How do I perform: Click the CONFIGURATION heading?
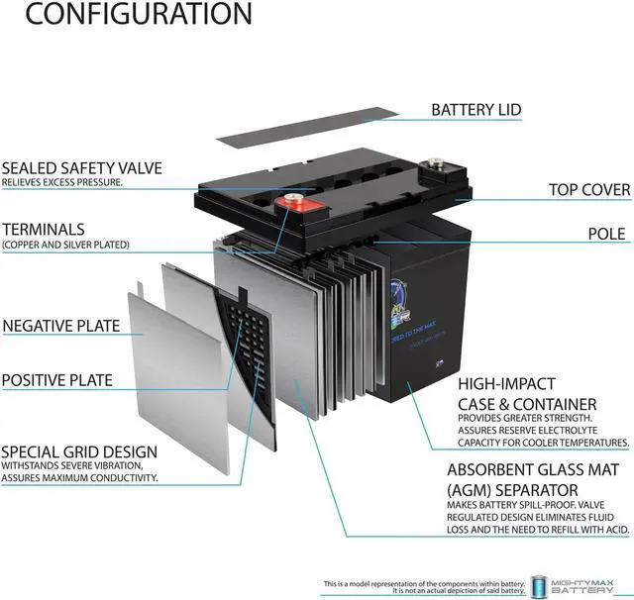pyautogui.click(x=127, y=14)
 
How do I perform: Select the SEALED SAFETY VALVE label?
pyautogui.click(x=81, y=168)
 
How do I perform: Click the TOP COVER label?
pyautogui.click(x=589, y=189)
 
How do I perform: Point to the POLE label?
pyautogui.click(x=606, y=234)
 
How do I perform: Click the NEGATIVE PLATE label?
pyautogui.click(x=61, y=326)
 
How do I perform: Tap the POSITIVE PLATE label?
pyautogui.click(x=56, y=379)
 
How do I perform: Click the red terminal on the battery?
pyautogui.click(x=294, y=204)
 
